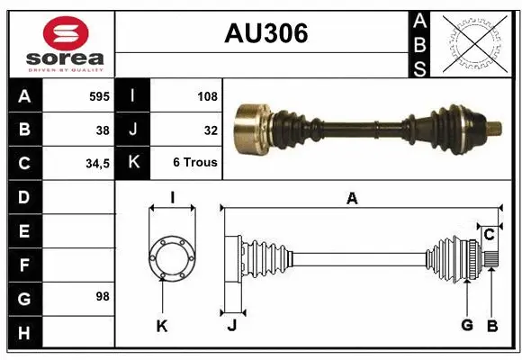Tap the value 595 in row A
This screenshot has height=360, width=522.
[100, 94]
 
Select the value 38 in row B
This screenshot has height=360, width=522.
[103, 130]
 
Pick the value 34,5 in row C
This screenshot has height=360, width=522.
[97, 164]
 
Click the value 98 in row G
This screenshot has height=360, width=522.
[103, 295]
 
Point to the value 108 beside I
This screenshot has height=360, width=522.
[207, 94]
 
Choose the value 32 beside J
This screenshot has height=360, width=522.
[211, 130]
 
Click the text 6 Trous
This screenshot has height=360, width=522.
[195, 164]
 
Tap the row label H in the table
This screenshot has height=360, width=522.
[24, 334]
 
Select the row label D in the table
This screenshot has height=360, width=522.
[24, 196]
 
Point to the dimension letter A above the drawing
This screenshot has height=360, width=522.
[352, 198]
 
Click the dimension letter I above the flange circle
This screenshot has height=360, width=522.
[171, 197]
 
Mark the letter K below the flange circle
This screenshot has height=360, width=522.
[162, 326]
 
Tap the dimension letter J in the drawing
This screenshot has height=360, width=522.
[231, 326]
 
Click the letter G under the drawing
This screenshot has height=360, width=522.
[467, 326]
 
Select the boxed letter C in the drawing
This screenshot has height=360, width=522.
[489, 235]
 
